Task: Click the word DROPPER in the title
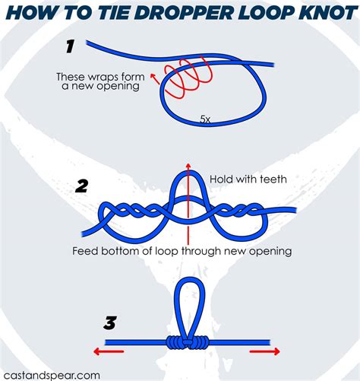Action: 178,14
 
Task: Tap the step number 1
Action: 69,46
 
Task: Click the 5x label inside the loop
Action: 206,119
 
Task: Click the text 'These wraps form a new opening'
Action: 101,82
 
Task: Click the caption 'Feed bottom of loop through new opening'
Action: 182,250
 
